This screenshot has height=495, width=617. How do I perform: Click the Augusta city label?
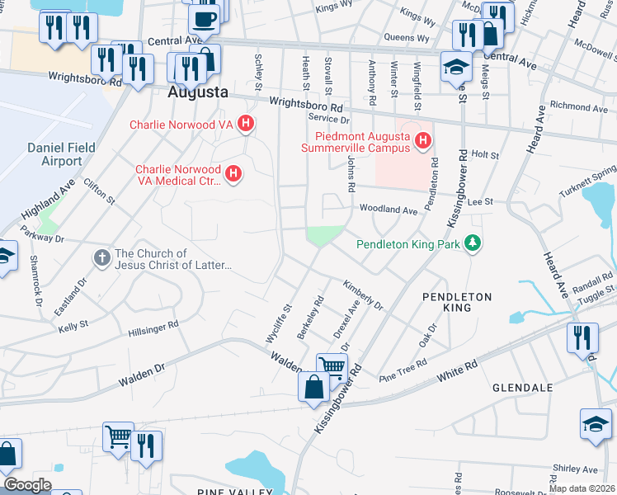point(198,92)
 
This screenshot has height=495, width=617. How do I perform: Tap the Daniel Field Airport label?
point(73,153)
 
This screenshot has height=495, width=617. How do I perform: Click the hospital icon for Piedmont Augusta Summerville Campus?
point(422,142)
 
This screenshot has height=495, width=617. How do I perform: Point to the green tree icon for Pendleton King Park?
point(473,243)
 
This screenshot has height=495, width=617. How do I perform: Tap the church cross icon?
point(101,259)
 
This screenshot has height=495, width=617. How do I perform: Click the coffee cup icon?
point(204,17)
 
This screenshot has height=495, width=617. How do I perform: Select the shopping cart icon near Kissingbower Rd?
point(331,366)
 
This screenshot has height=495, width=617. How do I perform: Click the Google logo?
point(27,485)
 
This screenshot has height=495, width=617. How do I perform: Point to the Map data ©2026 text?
point(582,488)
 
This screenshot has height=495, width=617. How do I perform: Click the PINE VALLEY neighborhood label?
point(234,492)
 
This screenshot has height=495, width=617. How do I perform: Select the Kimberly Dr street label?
point(364,293)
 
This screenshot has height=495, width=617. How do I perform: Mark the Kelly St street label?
point(73,327)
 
